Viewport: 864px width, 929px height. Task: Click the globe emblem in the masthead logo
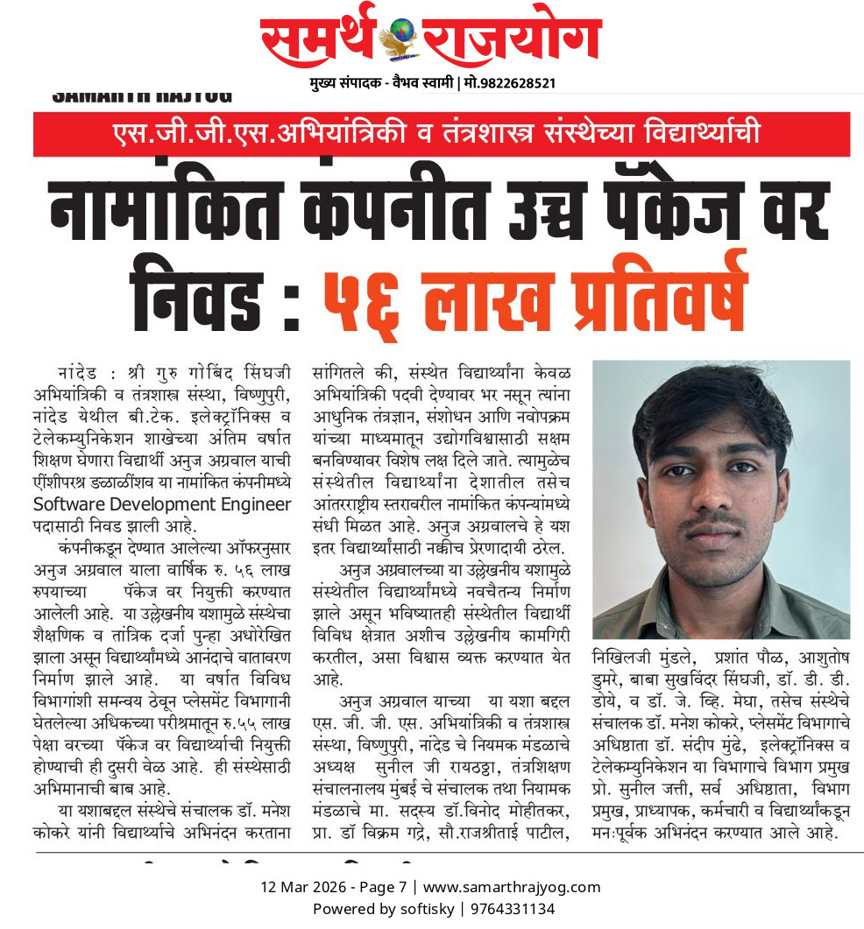402,37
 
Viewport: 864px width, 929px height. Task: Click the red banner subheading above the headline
442,134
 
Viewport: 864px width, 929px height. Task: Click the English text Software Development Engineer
162,504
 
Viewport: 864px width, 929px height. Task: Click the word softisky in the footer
426,909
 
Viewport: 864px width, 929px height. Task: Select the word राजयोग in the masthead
512,39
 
